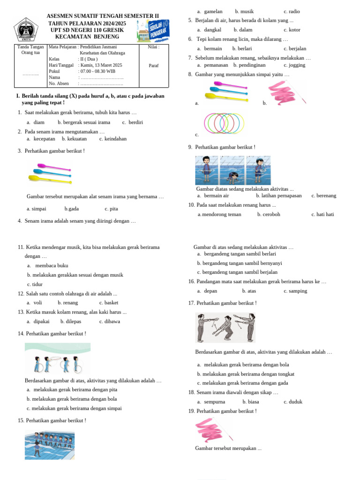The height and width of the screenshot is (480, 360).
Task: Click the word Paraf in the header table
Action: (153, 66)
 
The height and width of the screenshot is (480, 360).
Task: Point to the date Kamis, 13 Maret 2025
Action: (101, 65)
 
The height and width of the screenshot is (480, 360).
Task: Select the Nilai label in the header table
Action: (153, 47)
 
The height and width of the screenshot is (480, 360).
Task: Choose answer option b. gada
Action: (72, 209)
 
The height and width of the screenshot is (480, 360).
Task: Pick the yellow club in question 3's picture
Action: (45, 178)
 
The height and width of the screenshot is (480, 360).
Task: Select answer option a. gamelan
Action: (210, 11)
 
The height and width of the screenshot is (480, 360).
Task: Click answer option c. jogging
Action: (295, 65)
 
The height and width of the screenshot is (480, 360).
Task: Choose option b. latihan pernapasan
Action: (278, 195)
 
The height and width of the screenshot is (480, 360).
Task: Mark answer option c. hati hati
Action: (322, 214)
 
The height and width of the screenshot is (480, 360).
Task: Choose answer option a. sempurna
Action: (211, 402)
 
